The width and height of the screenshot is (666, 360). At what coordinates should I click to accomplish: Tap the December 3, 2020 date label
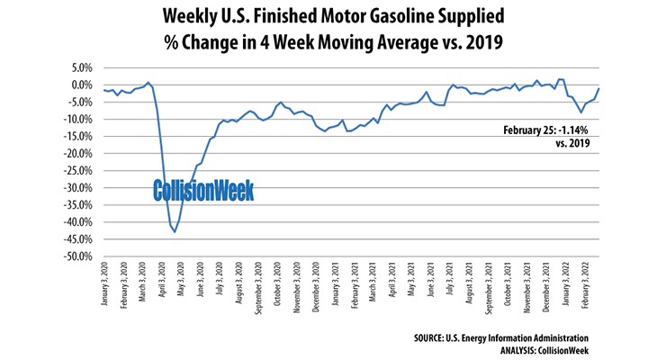tap(316, 290)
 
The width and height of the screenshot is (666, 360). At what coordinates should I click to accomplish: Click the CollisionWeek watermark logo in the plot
tap(202, 190)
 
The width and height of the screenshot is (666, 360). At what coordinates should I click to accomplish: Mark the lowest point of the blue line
tap(175, 232)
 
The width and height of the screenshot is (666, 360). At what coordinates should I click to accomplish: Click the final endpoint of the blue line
tap(599, 88)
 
